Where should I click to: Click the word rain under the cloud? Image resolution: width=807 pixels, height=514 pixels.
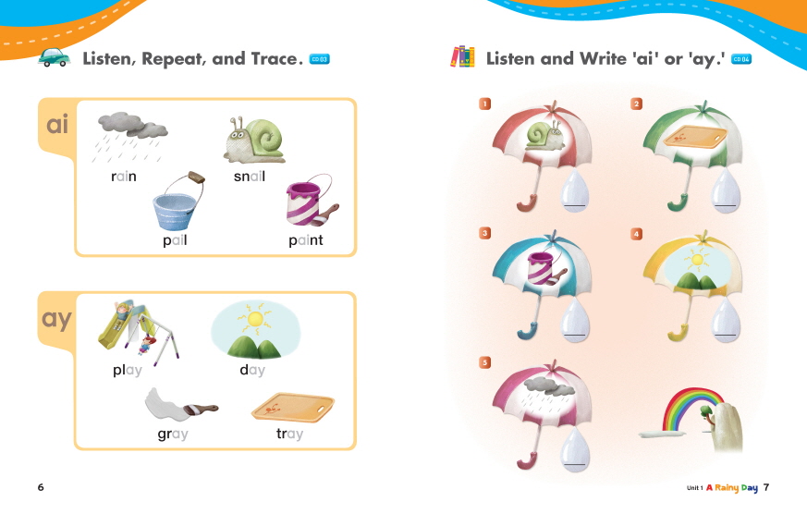[x=124, y=177]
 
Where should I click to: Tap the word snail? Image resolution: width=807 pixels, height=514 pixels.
[x=250, y=177]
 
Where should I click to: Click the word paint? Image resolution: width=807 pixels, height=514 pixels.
[x=306, y=240]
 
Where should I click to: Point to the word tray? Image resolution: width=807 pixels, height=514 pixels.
[x=289, y=434]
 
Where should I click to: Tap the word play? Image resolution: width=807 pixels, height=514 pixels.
[x=128, y=370]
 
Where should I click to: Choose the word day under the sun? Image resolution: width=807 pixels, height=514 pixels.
[x=252, y=370]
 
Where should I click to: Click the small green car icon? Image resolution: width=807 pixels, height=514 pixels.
[x=54, y=57]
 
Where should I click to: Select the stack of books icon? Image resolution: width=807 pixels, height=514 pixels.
[x=462, y=56]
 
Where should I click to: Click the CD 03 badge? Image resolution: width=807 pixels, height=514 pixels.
[x=319, y=59]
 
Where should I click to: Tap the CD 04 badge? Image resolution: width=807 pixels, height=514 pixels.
[x=741, y=59]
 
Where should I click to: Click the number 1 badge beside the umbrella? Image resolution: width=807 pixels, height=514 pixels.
[x=484, y=104]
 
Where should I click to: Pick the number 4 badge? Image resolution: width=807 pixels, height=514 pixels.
[x=637, y=234]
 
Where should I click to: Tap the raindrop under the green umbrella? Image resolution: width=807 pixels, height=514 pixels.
[x=726, y=191]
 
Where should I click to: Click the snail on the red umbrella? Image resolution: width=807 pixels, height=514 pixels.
[x=545, y=135]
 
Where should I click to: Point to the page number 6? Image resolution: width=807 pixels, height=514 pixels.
[x=41, y=487]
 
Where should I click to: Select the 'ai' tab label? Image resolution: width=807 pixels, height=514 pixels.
[x=57, y=125]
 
